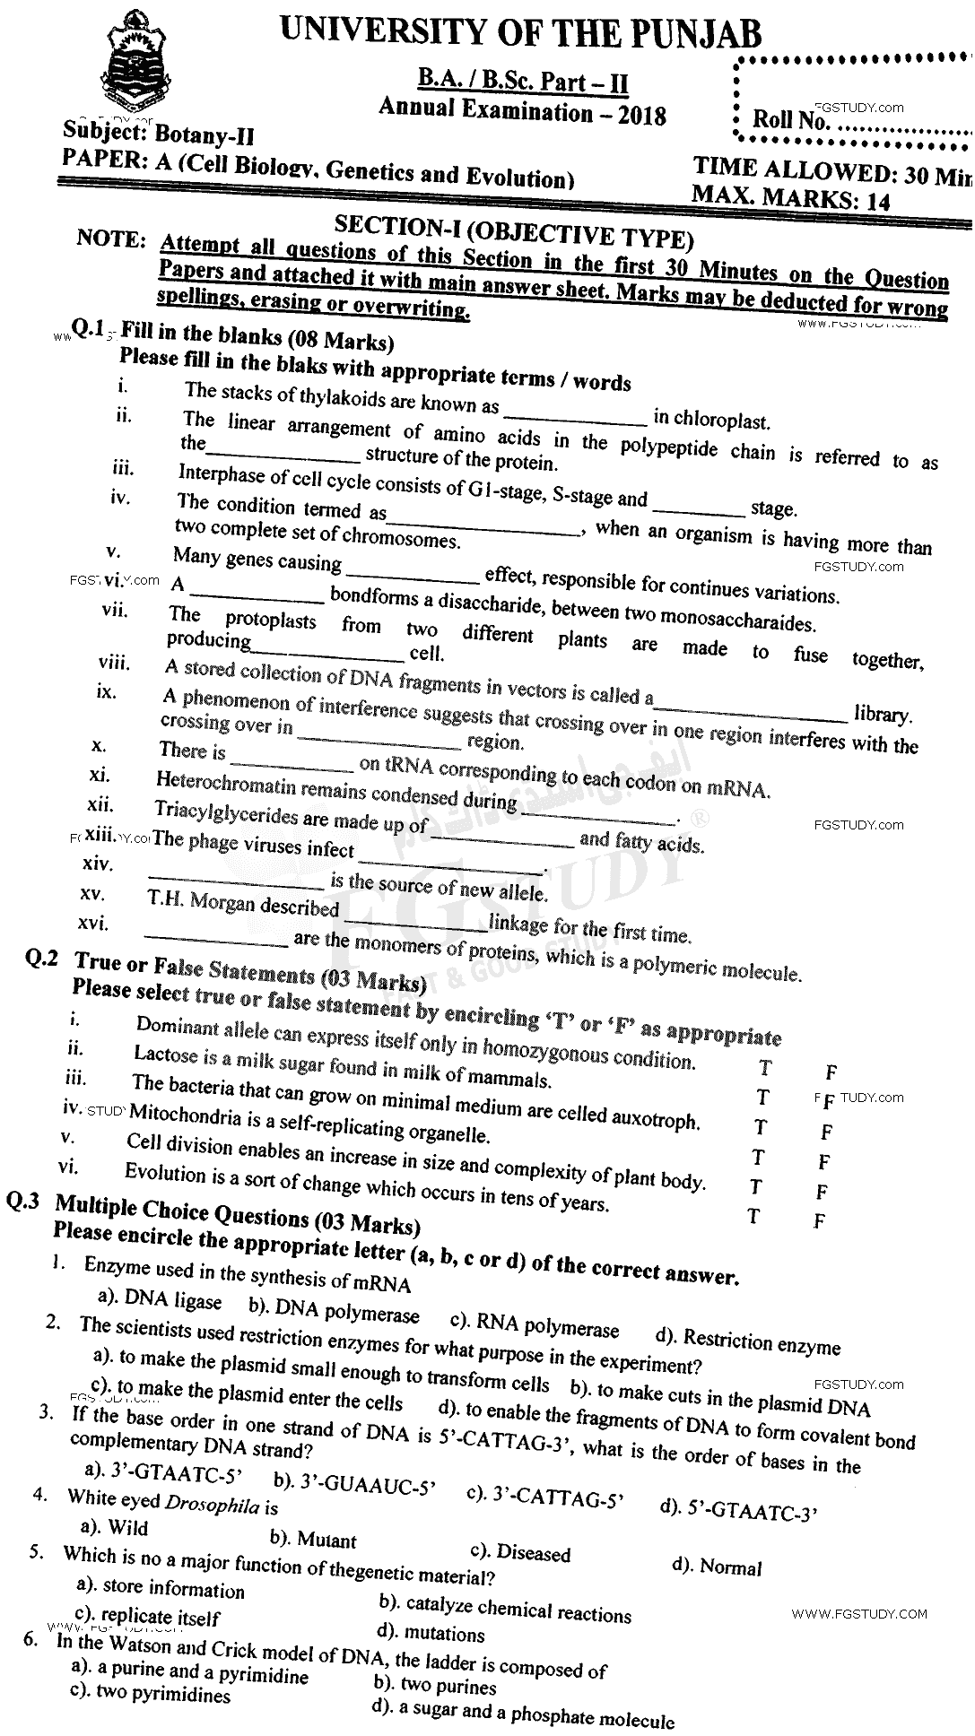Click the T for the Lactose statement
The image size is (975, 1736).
point(763,1098)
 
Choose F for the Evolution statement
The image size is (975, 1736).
point(819,1220)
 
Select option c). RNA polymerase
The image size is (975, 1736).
point(535,1326)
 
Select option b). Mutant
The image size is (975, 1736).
point(313,1540)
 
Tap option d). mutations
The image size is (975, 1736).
point(431,1633)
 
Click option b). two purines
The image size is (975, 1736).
point(422,1683)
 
